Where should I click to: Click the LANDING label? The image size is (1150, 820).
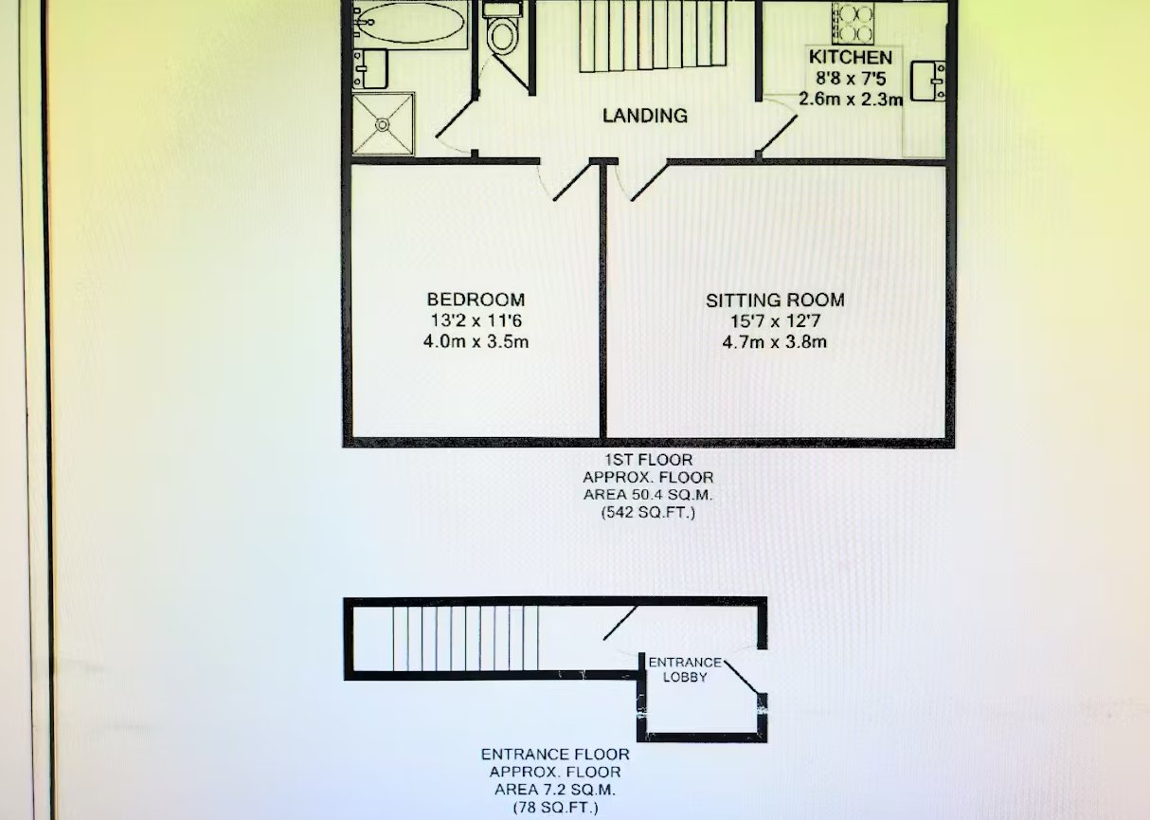(x=645, y=116)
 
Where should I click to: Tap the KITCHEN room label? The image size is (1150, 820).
(x=851, y=57)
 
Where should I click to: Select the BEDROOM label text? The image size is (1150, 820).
(x=476, y=299)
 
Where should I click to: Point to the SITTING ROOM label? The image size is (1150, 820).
(x=775, y=301)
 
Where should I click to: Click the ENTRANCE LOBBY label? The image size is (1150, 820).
(x=685, y=669)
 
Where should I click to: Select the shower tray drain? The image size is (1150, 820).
(x=383, y=124)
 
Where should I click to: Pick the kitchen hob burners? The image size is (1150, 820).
(x=853, y=24)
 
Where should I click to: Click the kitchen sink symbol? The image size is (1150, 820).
(x=927, y=82)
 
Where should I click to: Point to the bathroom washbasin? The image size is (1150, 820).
(x=370, y=69)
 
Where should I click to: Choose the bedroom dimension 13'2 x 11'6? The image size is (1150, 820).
(x=476, y=320)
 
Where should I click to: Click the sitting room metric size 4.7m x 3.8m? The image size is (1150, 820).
(x=775, y=341)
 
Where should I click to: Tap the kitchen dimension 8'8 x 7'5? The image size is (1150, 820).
(x=851, y=79)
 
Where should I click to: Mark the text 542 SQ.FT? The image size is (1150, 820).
(x=648, y=513)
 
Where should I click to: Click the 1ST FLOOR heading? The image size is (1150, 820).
(x=648, y=460)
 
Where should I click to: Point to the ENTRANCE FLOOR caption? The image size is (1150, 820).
(x=555, y=755)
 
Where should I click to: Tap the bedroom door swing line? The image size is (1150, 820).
(x=571, y=182)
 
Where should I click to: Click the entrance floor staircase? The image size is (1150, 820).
(x=465, y=638)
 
